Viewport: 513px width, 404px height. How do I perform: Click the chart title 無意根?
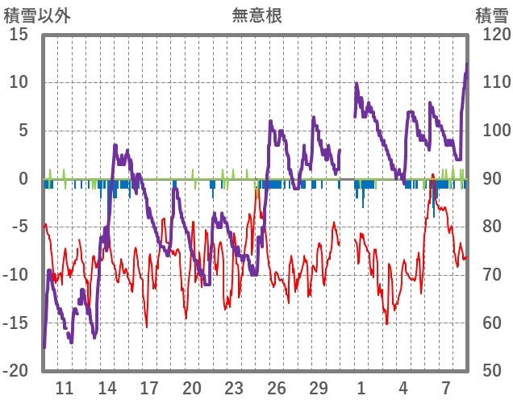256,15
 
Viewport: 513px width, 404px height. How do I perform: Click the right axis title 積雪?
490,15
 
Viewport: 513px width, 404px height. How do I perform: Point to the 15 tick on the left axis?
19,35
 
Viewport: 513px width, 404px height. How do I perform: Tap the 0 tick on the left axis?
23,179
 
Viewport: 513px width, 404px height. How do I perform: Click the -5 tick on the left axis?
20,227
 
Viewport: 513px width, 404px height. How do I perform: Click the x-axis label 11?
65,388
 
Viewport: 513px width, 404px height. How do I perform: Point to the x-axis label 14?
107,388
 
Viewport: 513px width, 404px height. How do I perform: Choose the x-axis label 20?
192,388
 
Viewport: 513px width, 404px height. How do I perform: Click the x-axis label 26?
277,388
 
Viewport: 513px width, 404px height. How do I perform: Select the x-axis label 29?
319,388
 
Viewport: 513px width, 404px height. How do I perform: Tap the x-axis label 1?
361,388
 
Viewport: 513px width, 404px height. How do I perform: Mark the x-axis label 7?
446,388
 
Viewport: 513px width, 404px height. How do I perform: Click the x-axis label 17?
149,388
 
